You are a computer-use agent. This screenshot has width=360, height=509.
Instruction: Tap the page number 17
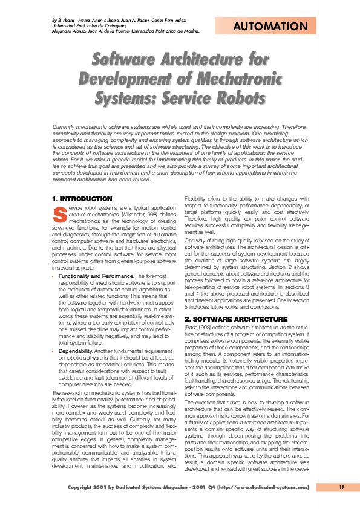(x=341, y=487)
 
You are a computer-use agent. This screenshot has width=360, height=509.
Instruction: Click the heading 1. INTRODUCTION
(x=82, y=199)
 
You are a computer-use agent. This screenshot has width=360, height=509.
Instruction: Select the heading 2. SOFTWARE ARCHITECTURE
(x=227, y=318)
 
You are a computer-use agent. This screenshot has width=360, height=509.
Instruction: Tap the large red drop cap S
(x=59, y=214)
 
